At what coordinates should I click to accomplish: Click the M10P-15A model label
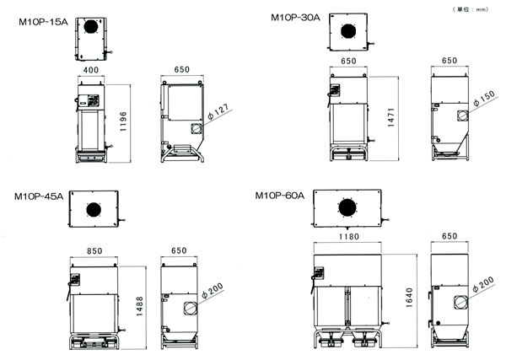[x=43, y=22]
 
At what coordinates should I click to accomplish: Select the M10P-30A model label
[x=295, y=18]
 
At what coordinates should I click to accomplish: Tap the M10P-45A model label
[x=39, y=196]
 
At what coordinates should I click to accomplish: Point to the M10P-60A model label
[x=279, y=196]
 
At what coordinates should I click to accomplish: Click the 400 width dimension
[x=91, y=70]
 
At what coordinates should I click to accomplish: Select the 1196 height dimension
[x=123, y=121]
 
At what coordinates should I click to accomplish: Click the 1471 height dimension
[x=390, y=117]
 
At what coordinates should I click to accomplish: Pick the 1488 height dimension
[x=139, y=306]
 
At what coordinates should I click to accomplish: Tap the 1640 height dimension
[x=409, y=298]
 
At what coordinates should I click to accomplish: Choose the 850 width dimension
[x=94, y=251]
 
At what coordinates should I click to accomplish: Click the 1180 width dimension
[x=349, y=237]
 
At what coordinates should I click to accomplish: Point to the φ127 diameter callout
[x=218, y=111]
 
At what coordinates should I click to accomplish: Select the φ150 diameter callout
[x=484, y=98]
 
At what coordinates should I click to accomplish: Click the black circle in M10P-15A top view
[x=91, y=26]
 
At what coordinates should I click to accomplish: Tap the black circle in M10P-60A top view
[x=347, y=207]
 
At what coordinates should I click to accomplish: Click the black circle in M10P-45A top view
[x=94, y=210]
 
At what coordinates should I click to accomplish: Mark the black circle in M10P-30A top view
[x=348, y=31]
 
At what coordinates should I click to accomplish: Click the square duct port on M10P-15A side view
[x=196, y=128]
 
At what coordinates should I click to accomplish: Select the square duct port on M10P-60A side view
[x=460, y=302]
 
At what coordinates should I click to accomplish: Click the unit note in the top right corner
[x=471, y=9]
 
